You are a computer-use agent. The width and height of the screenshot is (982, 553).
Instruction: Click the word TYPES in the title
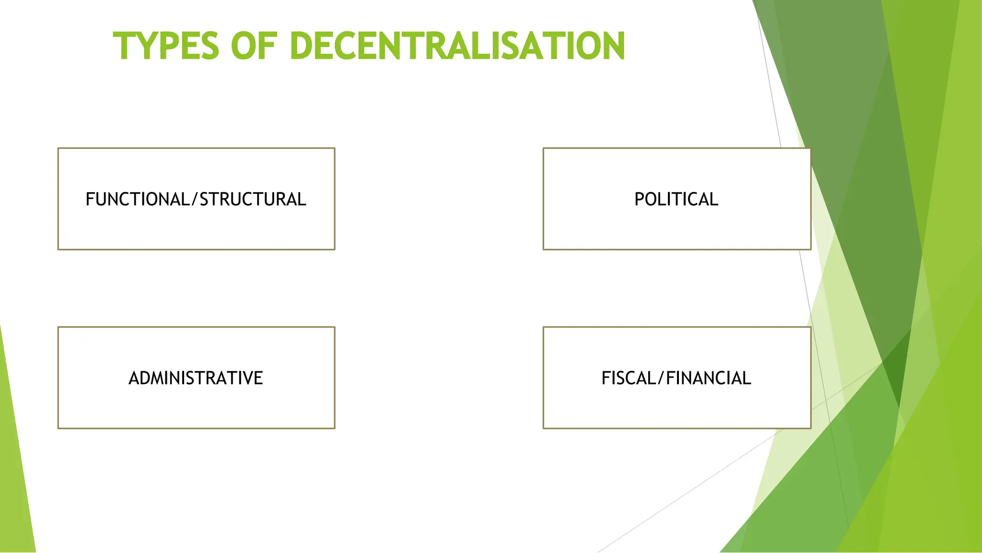(166, 46)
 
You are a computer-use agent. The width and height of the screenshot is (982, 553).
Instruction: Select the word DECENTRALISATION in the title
(457, 46)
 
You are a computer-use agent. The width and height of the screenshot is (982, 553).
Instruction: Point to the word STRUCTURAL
(253, 200)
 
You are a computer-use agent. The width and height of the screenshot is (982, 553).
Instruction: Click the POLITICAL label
(676, 200)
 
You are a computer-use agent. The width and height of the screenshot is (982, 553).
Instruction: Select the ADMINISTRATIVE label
(196, 378)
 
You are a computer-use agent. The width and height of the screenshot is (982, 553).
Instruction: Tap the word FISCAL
(629, 378)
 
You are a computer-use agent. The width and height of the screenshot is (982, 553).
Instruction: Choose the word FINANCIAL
(708, 378)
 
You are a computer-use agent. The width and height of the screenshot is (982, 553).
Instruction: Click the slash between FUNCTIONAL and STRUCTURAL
(195, 200)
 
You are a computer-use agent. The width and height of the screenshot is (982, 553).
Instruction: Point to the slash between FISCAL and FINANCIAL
(661, 378)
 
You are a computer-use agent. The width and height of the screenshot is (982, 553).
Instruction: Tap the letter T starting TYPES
(124, 46)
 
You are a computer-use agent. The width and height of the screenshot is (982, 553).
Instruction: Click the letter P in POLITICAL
(640, 200)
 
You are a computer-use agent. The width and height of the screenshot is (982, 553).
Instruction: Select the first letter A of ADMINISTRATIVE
(134, 378)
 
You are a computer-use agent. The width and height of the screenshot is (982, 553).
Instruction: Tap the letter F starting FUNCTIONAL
(90, 200)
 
